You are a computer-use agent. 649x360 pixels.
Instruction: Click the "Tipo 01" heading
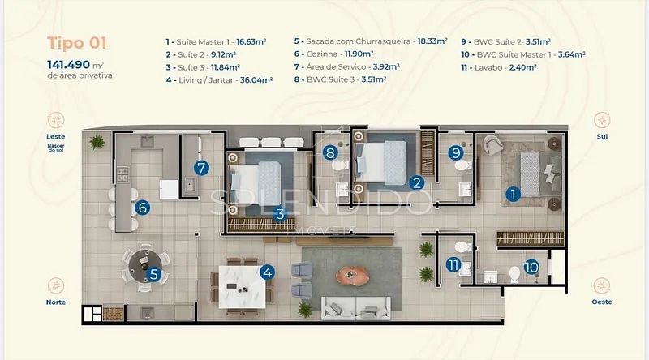77,43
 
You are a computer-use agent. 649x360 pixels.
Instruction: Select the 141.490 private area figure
68,65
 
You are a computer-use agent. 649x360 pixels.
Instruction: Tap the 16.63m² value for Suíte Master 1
251,42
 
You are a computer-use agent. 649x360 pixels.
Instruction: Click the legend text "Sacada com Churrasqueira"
359,41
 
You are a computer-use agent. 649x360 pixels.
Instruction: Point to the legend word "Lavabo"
488,67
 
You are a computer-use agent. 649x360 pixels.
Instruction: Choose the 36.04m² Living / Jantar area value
256,79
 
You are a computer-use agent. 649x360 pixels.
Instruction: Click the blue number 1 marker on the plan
514,194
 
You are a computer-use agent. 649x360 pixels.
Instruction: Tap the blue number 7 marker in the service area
201,168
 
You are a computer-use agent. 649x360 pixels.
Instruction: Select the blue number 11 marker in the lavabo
453,265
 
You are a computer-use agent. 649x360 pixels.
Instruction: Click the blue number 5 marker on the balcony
154,274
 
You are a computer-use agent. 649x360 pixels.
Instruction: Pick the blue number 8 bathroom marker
330,152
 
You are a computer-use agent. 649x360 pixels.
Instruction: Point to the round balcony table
145,266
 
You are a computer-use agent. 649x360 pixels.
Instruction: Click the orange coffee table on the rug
352,275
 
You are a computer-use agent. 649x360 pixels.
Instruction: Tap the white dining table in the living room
242,287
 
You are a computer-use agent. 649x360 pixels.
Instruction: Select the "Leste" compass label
56,136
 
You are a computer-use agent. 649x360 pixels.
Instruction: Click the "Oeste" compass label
602,302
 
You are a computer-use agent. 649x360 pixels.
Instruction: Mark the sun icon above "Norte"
56,286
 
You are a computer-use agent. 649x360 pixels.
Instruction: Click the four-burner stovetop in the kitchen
122,174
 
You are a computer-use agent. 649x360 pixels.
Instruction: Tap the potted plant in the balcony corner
97,142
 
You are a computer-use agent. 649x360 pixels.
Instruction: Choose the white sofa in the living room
355,308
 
